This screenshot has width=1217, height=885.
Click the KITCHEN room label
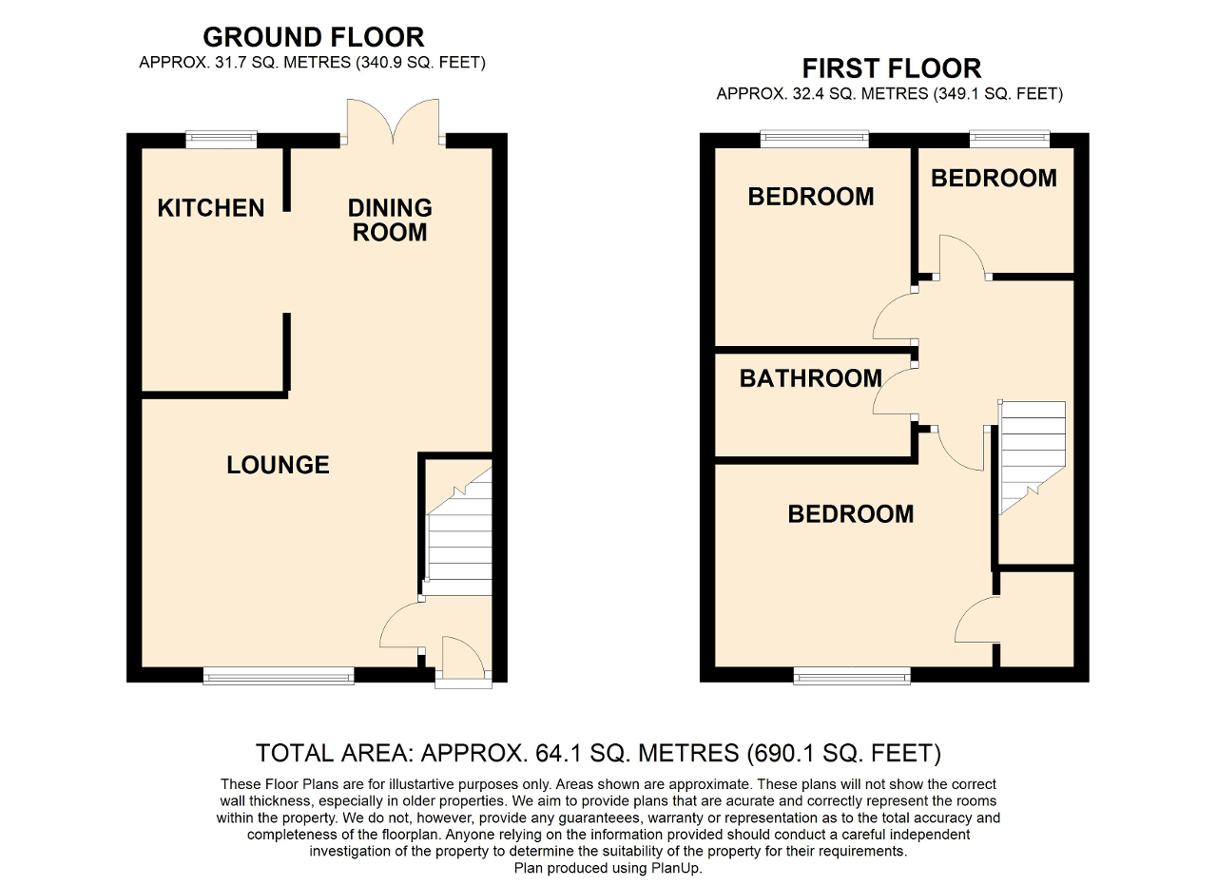pyautogui.click(x=210, y=207)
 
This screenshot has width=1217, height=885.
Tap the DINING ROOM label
pyautogui.click(x=390, y=220)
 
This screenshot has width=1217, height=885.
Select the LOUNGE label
pyautogui.click(x=278, y=464)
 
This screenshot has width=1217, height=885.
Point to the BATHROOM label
pyautogui.click(x=810, y=378)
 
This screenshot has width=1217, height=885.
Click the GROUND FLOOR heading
pyautogui.click(x=314, y=38)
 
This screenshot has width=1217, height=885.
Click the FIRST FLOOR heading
pyautogui.click(x=891, y=68)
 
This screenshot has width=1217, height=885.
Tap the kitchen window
pyautogui.click(x=221, y=140)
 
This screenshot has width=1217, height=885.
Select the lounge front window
pyautogui.click(x=278, y=676)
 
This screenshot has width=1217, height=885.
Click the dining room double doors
pyautogui.click(x=393, y=122)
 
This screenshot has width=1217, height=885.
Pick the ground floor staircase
pyautogui.click(x=460, y=542)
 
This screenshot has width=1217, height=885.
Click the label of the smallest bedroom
pyautogui.click(x=994, y=178)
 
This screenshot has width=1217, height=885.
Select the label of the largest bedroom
pyautogui.click(x=850, y=513)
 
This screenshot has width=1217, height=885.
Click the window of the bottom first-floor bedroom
pyautogui.click(x=852, y=676)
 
